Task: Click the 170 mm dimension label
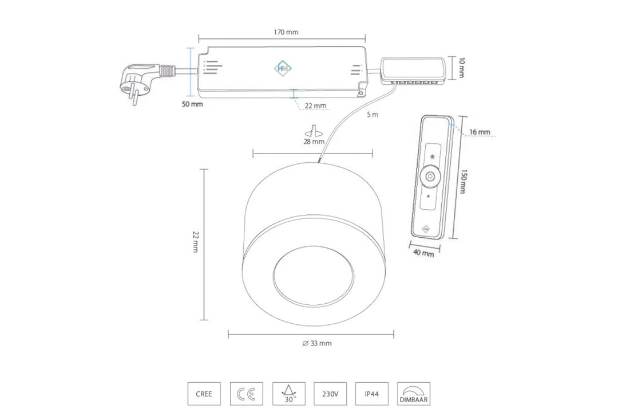[286, 32]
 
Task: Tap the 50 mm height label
[192, 104]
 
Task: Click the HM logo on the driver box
[283, 68]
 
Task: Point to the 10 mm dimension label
[462, 68]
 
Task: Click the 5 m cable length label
[373, 115]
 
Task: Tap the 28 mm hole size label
[314, 142]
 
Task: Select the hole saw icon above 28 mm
[314, 131]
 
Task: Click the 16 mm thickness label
[480, 132]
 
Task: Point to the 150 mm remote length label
[463, 182]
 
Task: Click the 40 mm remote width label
[423, 253]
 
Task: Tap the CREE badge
[204, 394]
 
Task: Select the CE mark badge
[246, 394]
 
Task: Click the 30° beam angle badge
[289, 394]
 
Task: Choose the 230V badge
[330, 394]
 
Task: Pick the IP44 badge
[372, 394]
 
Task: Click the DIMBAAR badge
[414, 394]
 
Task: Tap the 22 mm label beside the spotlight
[196, 242]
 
